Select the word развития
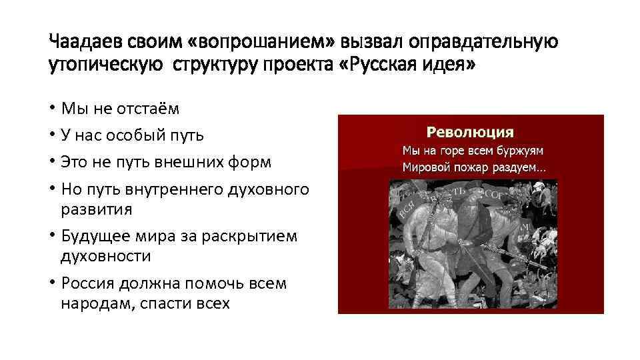[97, 209]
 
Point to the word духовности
[105, 256]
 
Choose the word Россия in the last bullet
[88, 283]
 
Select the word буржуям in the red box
[521, 150]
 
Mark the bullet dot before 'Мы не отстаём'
[52, 109]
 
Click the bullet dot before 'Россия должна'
[52, 283]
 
